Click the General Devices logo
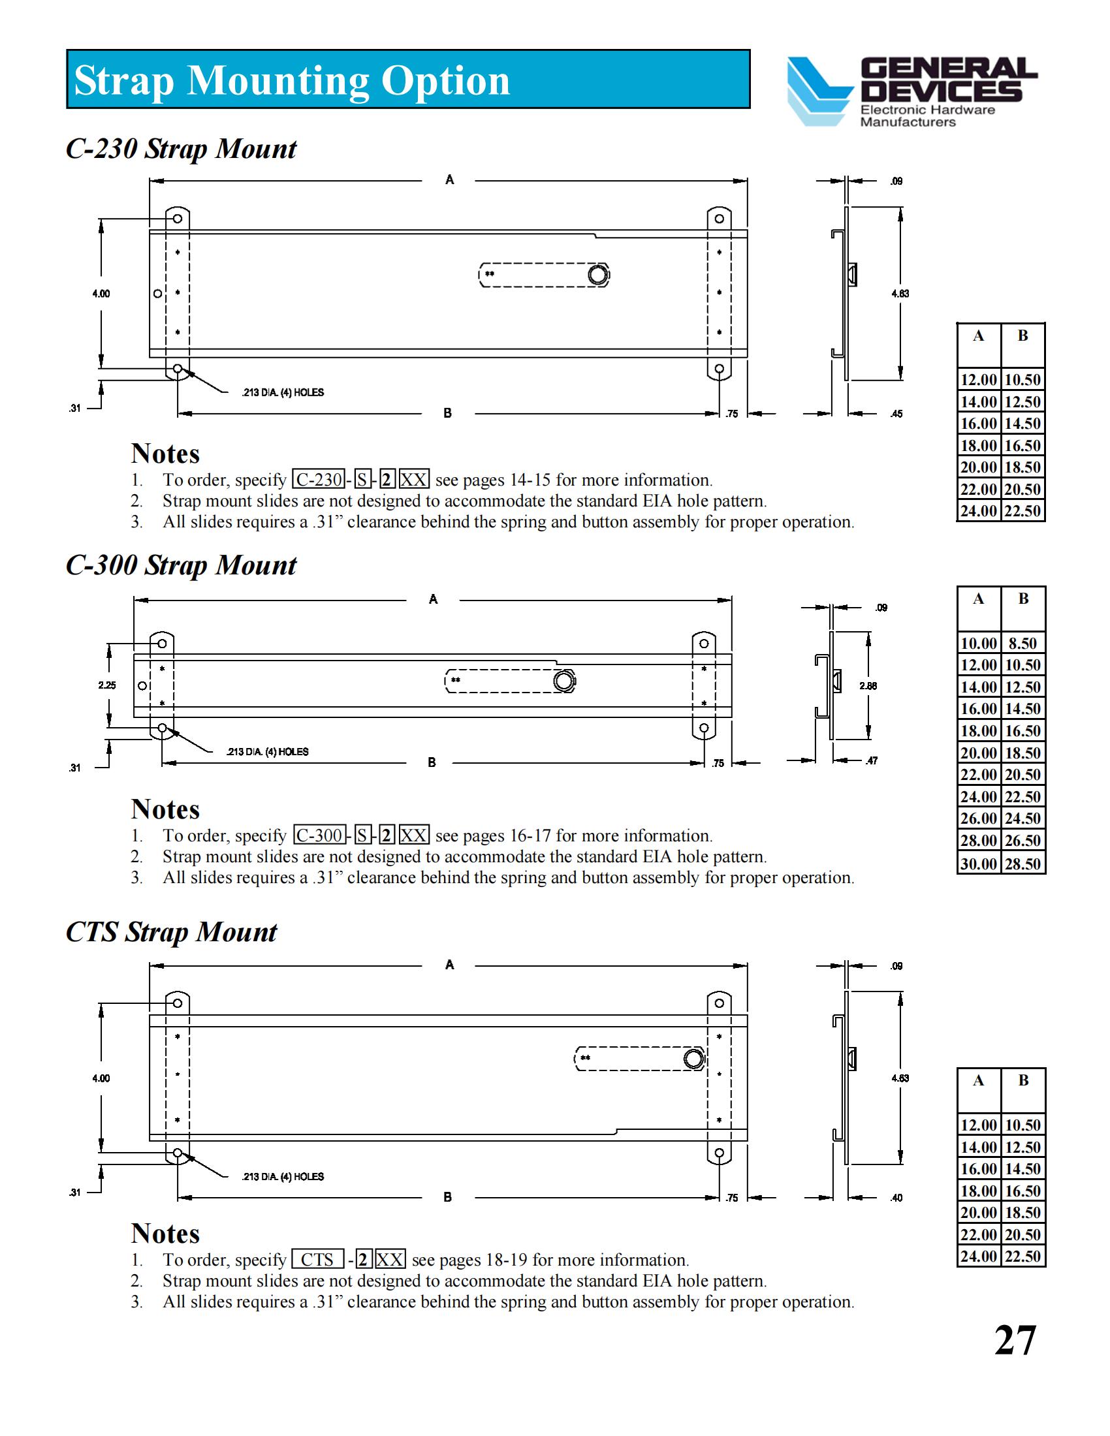click(911, 91)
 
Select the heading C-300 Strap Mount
click(181, 565)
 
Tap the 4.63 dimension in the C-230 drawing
click(900, 293)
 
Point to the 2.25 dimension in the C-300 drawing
click(106, 685)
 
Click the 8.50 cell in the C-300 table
click(1023, 643)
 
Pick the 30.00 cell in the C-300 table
click(979, 863)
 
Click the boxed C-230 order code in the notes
click(318, 479)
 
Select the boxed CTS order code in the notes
click(317, 1259)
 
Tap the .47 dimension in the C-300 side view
click(871, 760)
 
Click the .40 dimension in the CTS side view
click(896, 1197)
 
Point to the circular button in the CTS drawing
click(693, 1058)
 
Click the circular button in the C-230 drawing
click(597, 273)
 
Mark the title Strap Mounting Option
click(292, 80)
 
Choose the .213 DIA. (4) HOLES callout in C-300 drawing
click(267, 751)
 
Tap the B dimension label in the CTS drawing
click(448, 1196)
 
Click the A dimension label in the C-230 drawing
click(450, 179)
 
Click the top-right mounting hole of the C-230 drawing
click(720, 218)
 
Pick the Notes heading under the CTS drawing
click(165, 1233)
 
